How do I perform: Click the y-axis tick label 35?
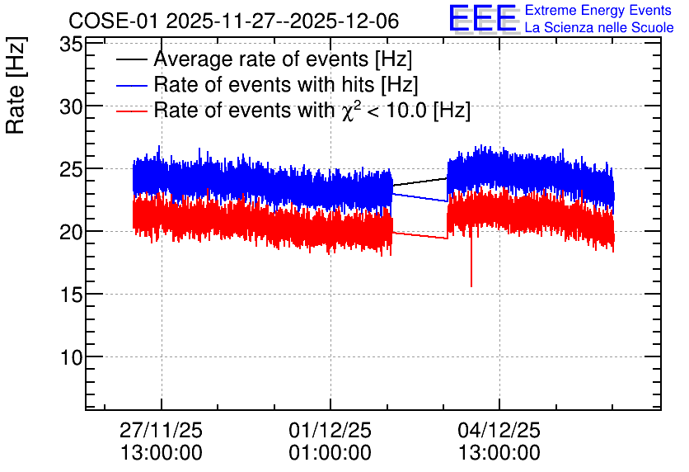[71, 45]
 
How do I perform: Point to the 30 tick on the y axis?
[71, 106]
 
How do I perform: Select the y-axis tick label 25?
[71, 169]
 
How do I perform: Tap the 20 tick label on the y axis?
[71, 232]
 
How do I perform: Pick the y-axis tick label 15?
[71, 295]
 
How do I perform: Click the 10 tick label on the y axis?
[71, 357]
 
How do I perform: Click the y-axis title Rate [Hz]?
[16, 85]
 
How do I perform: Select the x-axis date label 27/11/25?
[161, 430]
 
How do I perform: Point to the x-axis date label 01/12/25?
[330, 430]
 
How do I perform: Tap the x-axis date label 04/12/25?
[499, 430]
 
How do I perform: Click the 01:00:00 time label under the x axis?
[330, 453]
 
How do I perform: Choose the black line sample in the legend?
[131, 60]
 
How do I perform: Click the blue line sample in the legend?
[131, 86]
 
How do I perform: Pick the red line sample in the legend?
[131, 111]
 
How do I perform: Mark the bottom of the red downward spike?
[471, 287]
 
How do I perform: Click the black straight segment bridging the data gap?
[419, 182]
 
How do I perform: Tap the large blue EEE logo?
[482, 17]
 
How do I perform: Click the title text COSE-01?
[113, 21]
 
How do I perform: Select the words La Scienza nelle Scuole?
[599, 28]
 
